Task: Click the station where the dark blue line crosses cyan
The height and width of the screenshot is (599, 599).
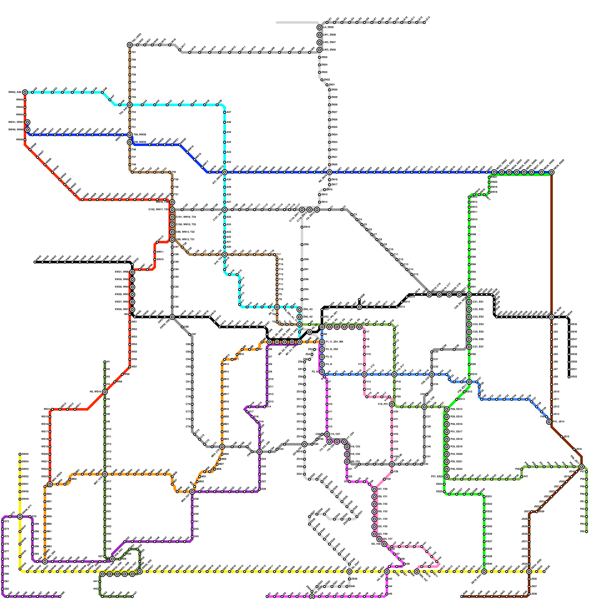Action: (x=225, y=172)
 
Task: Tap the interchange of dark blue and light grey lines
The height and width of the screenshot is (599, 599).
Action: (x=329, y=172)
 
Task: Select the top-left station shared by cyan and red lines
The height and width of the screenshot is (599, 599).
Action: (x=25, y=92)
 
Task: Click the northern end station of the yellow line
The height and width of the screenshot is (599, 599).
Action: (x=20, y=454)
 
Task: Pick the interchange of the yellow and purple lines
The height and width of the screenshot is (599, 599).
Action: (x=20, y=517)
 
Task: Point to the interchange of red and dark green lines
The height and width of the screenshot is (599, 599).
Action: (x=105, y=392)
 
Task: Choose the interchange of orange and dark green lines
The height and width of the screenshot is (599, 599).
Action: (x=105, y=474)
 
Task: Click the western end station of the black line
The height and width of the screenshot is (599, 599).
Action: (x=35, y=262)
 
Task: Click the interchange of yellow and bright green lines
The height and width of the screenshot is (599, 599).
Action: (x=484, y=572)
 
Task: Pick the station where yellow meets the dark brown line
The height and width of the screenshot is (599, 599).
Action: (x=529, y=572)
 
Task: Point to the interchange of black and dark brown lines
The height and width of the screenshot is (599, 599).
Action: (x=551, y=317)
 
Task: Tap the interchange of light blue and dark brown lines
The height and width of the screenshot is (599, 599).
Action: (x=549, y=422)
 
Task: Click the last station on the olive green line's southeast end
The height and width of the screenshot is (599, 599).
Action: (x=586, y=531)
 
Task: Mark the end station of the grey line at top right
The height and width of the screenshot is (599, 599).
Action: (x=425, y=22)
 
